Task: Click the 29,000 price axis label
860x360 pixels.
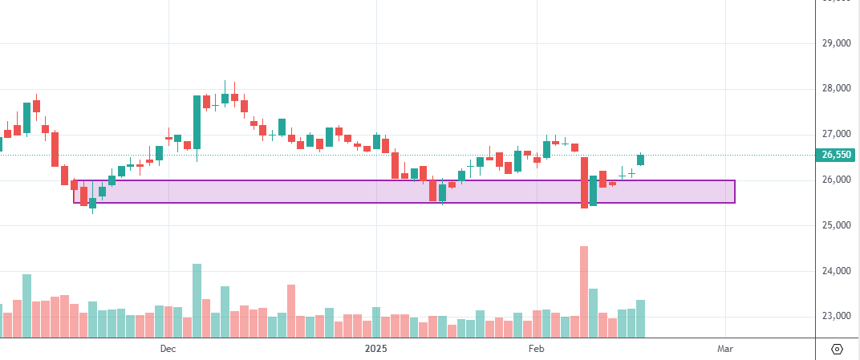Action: pyautogui.click(x=838, y=42)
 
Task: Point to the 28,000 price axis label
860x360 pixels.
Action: pyautogui.click(x=838, y=88)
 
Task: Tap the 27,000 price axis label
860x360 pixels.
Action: pyautogui.click(x=838, y=134)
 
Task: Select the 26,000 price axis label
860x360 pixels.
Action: pyautogui.click(x=838, y=180)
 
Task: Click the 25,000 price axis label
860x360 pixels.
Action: pyautogui.click(x=838, y=225)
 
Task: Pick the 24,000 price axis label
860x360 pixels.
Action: pyautogui.click(x=838, y=271)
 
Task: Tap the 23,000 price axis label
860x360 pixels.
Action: pyautogui.click(x=838, y=316)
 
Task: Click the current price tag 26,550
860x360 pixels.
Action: pyautogui.click(x=836, y=155)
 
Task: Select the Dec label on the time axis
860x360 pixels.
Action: pyautogui.click(x=168, y=349)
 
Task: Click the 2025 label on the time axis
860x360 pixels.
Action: pyautogui.click(x=375, y=349)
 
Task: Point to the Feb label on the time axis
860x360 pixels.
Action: pyautogui.click(x=536, y=349)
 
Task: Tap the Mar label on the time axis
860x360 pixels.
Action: pyautogui.click(x=725, y=349)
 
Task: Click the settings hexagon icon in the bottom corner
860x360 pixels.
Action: pyautogui.click(x=838, y=349)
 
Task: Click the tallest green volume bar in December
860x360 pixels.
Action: pyautogui.click(x=197, y=301)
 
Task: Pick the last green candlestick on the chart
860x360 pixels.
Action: pyautogui.click(x=640, y=160)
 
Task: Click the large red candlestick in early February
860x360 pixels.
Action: pyautogui.click(x=584, y=182)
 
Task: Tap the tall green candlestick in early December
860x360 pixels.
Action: pyautogui.click(x=197, y=122)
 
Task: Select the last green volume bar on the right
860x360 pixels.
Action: pyautogui.click(x=640, y=318)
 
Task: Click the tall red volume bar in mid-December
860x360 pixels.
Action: pyautogui.click(x=291, y=311)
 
